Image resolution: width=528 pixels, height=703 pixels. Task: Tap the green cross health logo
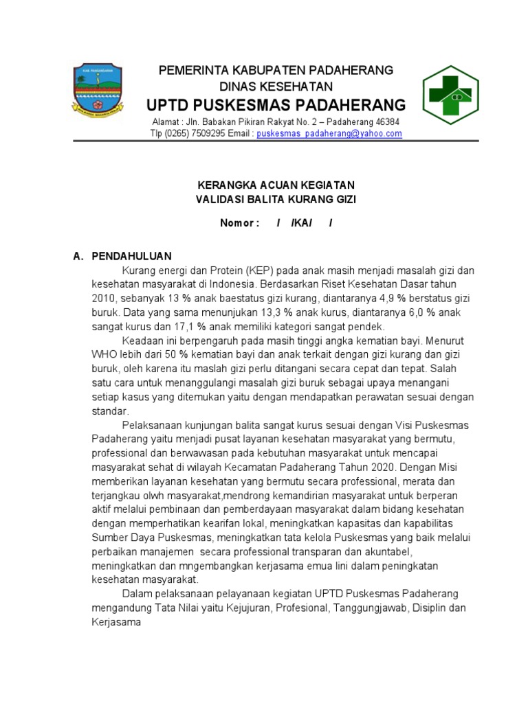tap(450, 94)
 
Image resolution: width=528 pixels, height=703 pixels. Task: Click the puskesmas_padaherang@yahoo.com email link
tap(329, 134)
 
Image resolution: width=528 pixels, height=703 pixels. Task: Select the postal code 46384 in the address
tap(386, 122)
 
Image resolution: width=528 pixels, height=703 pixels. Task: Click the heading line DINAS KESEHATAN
tap(276, 87)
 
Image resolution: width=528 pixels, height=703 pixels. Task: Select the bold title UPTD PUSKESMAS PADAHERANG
tap(276, 105)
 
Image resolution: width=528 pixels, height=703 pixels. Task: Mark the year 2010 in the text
tap(103, 299)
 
